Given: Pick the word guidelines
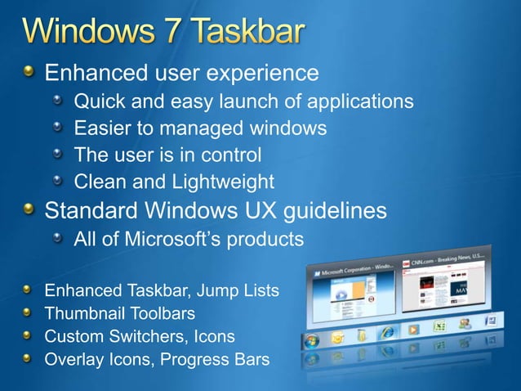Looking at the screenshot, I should click(x=334, y=210).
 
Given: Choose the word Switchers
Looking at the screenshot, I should click(x=143, y=336).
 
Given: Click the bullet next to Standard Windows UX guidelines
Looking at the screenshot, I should click(x=30, y=210).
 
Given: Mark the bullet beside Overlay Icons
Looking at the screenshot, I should click(x=29, y=359).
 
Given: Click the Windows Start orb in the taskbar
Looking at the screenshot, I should click(x=311, y=341).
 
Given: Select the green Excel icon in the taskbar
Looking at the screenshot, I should click(x=439, y=326).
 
